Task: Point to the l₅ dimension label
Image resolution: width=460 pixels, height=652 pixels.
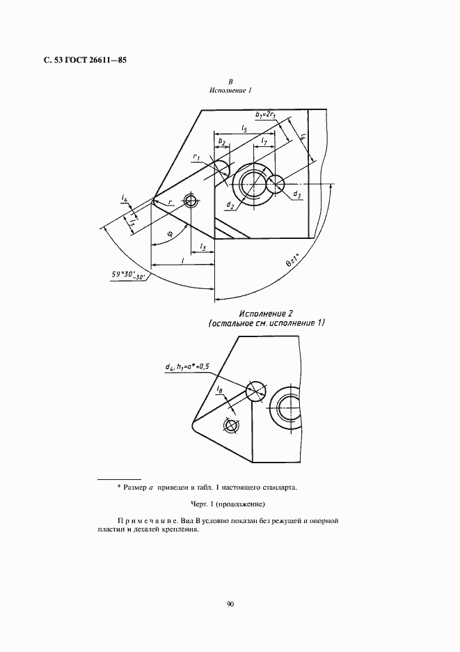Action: coord(245,128)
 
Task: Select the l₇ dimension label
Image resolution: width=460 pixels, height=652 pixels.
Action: coord(264,141)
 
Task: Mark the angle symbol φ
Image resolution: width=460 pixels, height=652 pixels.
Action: coord(169,234)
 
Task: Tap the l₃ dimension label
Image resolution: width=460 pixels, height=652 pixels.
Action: coord(202,247)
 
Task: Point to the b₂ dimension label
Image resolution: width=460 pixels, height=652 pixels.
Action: coord(222,141)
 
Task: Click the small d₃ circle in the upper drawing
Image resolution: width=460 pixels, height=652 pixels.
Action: coord(276,184)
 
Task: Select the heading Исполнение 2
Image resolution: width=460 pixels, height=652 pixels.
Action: coord(267,314)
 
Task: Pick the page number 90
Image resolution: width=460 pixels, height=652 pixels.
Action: coord(230,604)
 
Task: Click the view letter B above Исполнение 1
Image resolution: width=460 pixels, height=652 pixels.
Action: coord(230,81)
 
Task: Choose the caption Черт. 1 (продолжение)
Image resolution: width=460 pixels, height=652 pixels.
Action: coord(230,504)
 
